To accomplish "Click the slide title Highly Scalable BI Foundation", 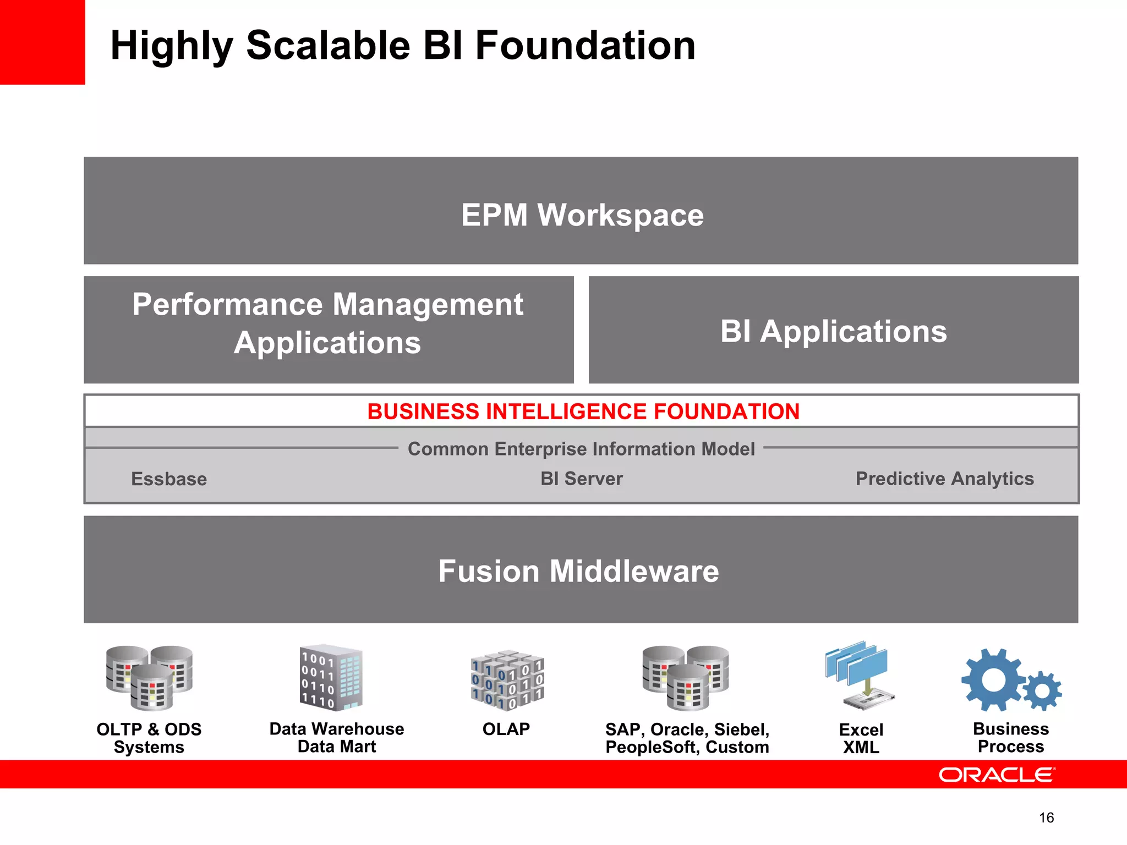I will [x=403, y=45].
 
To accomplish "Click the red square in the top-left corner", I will [x=42, y=42].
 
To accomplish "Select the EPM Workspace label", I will [x=582, y=215].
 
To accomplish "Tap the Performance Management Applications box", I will [x=329, y=329].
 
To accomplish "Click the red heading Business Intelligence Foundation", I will [x=583, y=411].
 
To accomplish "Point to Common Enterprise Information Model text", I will [x=581, y=449].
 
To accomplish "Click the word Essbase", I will [x=169, y=479].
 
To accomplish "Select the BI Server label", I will [x=582, y=479].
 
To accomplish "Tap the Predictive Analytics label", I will [x=944, y=479].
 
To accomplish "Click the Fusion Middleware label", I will [x=578, y=571].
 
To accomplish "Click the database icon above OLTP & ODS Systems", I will [x=149, y=678].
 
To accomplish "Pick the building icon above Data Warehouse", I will [x=331, y=678].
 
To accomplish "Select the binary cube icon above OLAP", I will [x=507, y=681].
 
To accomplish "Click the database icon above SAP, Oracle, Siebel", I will [x=685, y=678].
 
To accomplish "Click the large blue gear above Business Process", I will [x=994, y=679].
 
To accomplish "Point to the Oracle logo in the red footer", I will [x=997, y=775].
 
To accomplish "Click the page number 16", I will [x=1046, y=818].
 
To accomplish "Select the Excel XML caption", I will [x=861, y=738].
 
